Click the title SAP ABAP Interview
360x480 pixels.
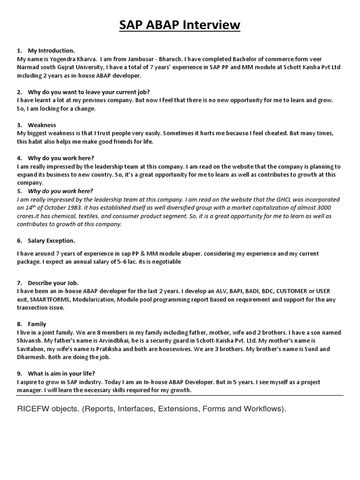180,24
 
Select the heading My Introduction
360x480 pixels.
51,50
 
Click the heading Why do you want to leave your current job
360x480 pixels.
89,91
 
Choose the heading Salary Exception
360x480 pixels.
51,240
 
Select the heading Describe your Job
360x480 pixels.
53,283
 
